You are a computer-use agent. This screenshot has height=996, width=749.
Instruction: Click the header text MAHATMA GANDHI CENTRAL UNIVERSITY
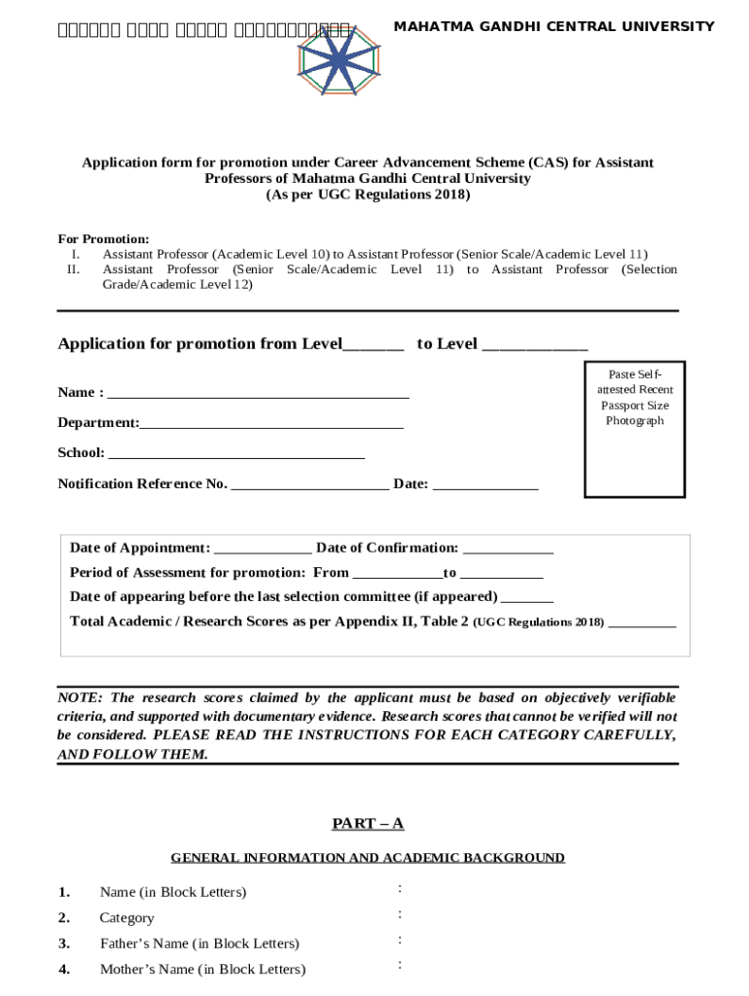pyautogui.click(x=553, y=26)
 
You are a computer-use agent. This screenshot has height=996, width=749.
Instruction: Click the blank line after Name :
pyautogui.click(x=258, y=394)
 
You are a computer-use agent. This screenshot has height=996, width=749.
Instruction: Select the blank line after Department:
pyautogui.click(x=271, y=424)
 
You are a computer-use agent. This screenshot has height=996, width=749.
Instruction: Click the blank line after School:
pyautogui.click(x=235, y=453)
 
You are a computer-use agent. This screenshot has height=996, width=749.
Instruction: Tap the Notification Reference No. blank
pyautogui.click(x=310, y=485)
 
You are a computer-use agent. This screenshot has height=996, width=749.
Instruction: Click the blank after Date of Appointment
pyautogui.click(x=263, y=550)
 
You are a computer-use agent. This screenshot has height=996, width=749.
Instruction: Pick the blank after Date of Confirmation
pyautogui.click(x=508, y=550)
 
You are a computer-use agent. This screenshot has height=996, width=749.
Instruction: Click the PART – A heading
pyautogui.click(x=368, y=824)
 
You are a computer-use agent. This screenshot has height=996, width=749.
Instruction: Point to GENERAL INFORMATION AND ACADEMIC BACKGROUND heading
pyautogui.click(x=368, y=858)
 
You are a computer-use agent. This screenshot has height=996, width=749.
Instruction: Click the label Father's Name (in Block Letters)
pyautogui.click(x=199, y=943)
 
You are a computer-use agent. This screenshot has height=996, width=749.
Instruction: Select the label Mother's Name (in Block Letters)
pyautogui.click(x=202, y=969)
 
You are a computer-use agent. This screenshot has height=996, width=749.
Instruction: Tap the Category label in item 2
pyautogui.click(x=126, y=918)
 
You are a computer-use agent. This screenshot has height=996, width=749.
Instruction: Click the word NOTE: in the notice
pyautogui.click(x=82, y=698)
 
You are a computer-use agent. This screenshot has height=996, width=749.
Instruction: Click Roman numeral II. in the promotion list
pyautogui.click(x=73, y=269)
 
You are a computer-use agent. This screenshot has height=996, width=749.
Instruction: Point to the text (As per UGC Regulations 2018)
pyautogui.click(x=368, y=195)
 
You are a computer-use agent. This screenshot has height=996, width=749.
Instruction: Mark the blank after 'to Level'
pyautogui.click(x=535, y=345)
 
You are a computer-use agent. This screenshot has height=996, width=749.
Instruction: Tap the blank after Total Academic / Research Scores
pyautogui.click(x=641, y=622)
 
